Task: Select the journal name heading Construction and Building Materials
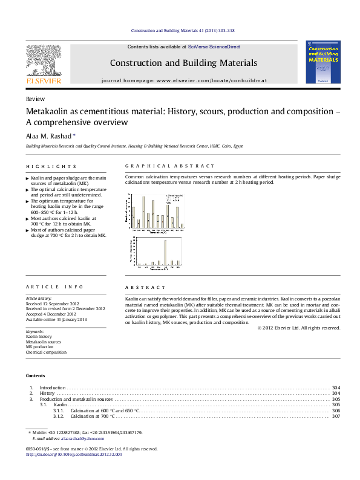(183, 63)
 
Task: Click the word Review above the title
(35, 99)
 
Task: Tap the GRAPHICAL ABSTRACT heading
(169, 166)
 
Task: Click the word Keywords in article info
(36, 332)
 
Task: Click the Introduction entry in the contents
(53, 386)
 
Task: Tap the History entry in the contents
(48, 393)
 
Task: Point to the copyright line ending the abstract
(299, 328)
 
